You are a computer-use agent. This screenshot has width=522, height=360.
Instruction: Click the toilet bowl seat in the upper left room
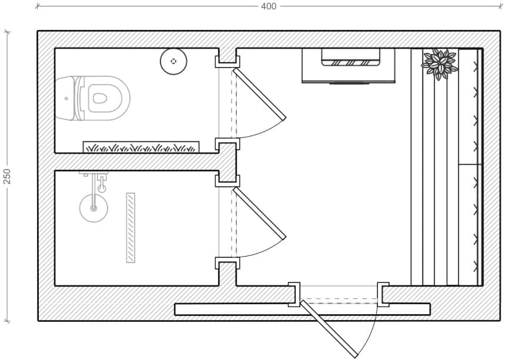coord(99,98)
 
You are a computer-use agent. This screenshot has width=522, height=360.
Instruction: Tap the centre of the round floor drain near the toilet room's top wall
coord(173,61)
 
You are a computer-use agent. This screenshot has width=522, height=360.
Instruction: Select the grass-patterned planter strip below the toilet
coord(141,147)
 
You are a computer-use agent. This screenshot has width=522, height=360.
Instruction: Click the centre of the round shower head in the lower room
coord(93,208)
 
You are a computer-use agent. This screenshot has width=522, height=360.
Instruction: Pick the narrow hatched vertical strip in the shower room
coord(130,228)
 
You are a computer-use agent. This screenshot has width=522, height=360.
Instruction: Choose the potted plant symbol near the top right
coord(440,64)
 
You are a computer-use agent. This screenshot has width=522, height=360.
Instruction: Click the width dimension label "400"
coord(268,6)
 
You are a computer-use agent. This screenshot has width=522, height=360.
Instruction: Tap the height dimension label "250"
coord(7,176)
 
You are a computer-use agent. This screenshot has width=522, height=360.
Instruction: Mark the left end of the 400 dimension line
coord(37,6)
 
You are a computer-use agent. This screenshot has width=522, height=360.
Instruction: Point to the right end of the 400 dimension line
coord(500,6)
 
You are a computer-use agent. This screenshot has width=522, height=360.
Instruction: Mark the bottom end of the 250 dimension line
coord(7,321)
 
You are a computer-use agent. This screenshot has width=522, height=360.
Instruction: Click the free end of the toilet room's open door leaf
coord(284,119)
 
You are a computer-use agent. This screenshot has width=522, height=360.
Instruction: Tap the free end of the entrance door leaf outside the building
coord(356,356)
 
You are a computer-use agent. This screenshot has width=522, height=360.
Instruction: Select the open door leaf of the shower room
coord(259,213)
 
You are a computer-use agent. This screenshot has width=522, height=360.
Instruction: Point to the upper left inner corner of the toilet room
coord(55,49)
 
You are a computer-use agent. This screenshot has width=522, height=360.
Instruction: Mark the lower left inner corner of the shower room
coord(55,285)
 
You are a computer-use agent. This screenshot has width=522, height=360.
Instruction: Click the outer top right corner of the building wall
coord(500,31)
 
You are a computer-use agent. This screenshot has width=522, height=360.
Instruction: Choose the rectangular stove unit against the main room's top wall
coord(348,66)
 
